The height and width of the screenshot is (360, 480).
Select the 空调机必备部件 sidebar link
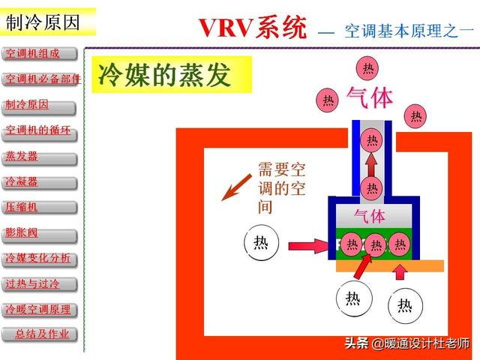pyautogui.click(x=41, y=79)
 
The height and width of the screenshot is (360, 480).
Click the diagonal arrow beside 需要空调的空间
pyautogui.click(x=235, y=185)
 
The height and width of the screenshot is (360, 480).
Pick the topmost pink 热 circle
pyautogui.click(x=367, y=68)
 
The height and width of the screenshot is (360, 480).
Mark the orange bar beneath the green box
pyautogui.click(x=389, y=265)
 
